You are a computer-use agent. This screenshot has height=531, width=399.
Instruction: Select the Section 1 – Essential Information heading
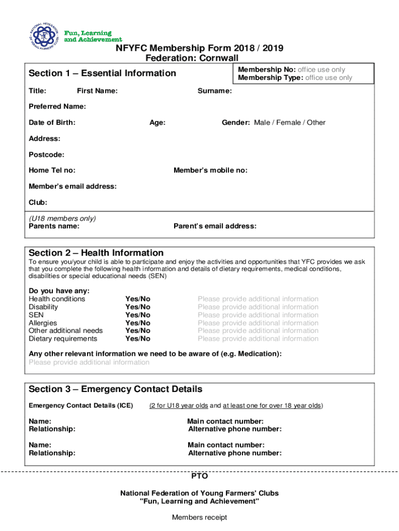(x=103, y=73)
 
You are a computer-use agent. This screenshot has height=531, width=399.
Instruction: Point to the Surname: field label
(x=215, y=91)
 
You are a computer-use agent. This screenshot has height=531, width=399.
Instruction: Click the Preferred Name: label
(x=58, y=107)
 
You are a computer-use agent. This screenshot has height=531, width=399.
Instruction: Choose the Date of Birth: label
(x=52, y=123)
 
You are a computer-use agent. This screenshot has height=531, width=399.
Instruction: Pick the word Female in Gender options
(x=291, y=123)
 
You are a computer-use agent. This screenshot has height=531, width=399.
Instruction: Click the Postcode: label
(x=47, y=155)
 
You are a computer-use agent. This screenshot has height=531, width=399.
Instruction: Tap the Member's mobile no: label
(x=210, y=170)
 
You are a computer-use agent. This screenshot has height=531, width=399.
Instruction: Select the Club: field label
(x=38, y=202)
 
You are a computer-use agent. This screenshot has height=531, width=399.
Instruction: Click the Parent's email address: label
(x=215, y=226)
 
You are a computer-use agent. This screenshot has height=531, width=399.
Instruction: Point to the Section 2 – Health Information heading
(x=96, y=253)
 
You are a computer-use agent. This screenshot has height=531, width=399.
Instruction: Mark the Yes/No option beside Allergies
(x=138, y=323)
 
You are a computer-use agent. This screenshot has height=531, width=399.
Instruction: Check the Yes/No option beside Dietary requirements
(x=138, y=339)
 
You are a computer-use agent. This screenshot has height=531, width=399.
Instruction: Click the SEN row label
(x=36, y=315)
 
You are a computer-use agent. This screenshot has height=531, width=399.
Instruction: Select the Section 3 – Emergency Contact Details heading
(x=116, y=389)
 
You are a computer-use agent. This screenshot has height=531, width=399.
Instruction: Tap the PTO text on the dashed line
(x=199, y=476)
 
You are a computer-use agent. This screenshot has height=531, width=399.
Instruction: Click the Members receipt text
(x=199, y=517)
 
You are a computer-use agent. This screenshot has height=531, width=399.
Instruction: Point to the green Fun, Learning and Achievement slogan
(x=93, y=36)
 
